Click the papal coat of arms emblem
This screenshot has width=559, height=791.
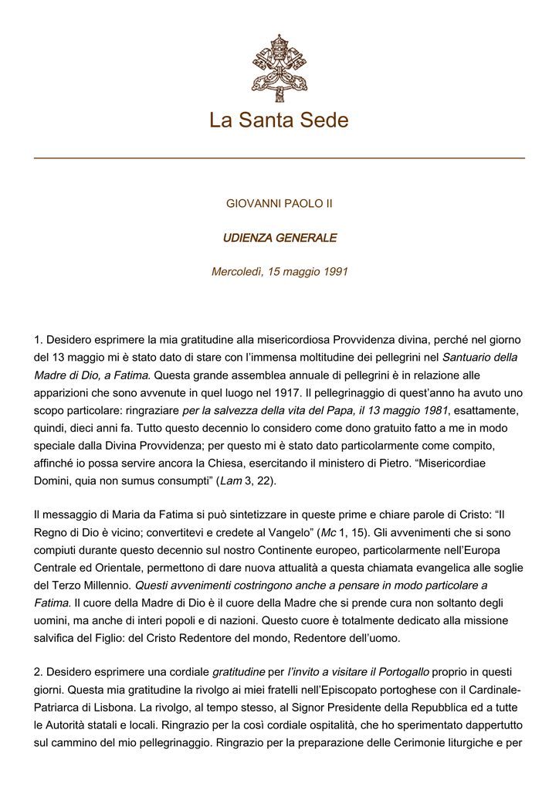(x=279, y=68)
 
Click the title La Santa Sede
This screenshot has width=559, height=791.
(x=279, y=121)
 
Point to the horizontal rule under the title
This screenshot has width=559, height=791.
(x=279, y=158)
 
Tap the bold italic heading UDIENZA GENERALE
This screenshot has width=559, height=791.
(x=279, y=238)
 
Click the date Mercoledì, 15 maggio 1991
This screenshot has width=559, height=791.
(x=279, y=272)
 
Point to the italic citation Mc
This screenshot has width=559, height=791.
(x=328, y=532)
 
